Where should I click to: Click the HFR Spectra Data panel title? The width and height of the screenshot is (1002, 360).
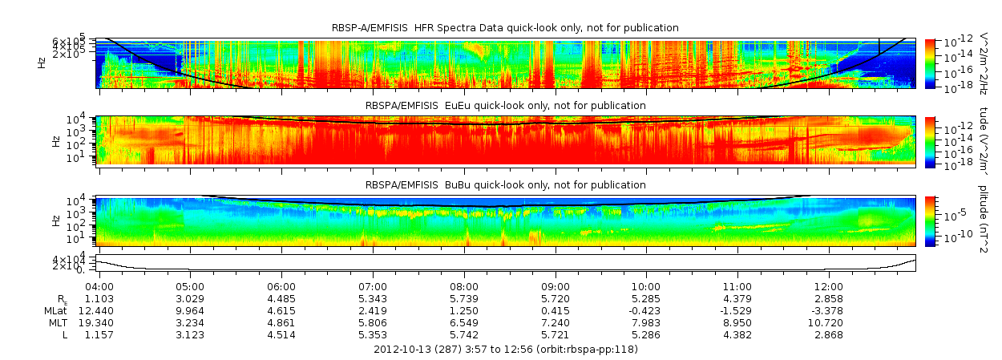coord(505,28)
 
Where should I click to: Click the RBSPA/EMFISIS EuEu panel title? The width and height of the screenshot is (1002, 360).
coord(505,105)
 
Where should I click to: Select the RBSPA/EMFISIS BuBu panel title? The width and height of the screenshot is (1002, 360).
coord(505,185)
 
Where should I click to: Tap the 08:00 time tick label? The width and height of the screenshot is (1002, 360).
coord(464,286)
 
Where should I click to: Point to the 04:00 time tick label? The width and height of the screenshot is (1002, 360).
coord(99,286)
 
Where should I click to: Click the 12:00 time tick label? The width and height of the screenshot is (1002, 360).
coord(829,286)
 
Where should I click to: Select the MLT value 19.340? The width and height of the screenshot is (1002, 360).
coord(99,322)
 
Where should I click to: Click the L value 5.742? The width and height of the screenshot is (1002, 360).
coord(464,334)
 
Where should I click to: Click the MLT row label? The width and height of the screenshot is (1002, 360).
coord(55,322)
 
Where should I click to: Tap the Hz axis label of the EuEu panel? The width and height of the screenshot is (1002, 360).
coord(42,140)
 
